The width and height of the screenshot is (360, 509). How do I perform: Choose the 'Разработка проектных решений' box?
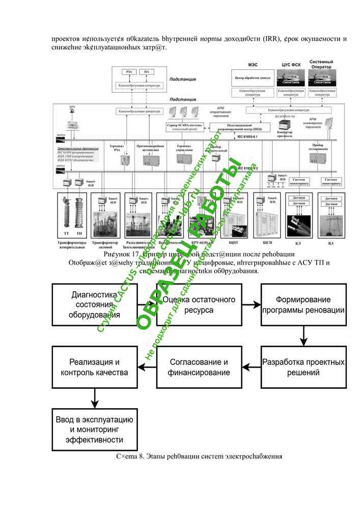[x=303, y=367]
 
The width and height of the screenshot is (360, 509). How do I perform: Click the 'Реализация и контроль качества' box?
[x=95, y=367]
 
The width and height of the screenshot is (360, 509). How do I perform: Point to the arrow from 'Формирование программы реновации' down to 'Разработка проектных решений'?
[x=303, y=336]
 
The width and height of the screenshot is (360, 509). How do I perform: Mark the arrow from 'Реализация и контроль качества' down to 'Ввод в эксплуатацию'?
[x=95, y=398]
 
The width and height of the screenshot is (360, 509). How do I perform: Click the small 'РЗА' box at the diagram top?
[x=128, y=72]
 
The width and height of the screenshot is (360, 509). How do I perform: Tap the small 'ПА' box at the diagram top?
[x=147, y=72]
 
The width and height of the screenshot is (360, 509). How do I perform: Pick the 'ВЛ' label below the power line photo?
[x=330, y=244]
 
